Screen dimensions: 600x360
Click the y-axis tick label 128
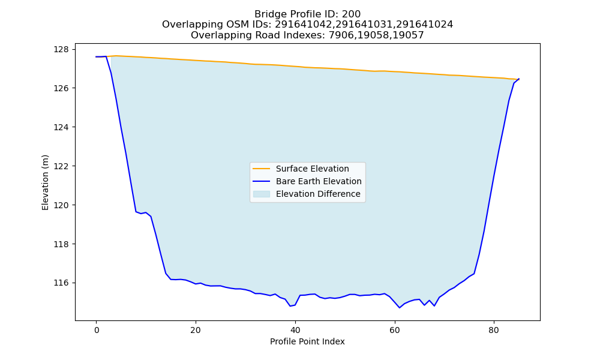coord(61,49)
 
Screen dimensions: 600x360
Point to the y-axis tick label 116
coord(61,283)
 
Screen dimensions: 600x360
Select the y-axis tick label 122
coord(61,166)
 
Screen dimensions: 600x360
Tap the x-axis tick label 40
coord(295,330)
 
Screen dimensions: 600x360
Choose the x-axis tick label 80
coord(494,330)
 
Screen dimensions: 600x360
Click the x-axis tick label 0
coord(97,330)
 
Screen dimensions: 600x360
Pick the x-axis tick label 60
coord(395,330)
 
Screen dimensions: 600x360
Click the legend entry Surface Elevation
coord(312,169)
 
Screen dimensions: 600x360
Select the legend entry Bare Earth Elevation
coord(319,181)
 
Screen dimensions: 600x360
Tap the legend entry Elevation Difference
coord(318,194)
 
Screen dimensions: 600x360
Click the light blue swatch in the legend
coord(262,194)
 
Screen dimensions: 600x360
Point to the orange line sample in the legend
coord(262,169)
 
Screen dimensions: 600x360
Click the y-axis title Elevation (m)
coord(45,182)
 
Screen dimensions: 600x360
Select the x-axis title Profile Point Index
coord(307,341)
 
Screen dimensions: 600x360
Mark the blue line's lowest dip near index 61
coord(400,308)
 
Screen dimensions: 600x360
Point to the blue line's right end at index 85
coord(519,79)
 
